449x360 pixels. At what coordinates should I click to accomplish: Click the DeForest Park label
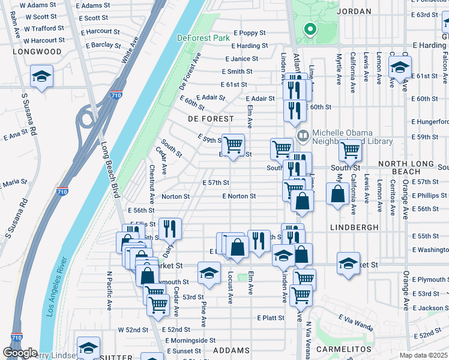tap(204, 38)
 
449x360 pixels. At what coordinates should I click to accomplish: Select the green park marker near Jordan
tap(310, 28)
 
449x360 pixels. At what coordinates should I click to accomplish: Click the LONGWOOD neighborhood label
tap(37, 52)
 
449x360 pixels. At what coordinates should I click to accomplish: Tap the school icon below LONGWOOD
tap(42, 76)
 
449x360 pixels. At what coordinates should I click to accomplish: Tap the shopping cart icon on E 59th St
tap(234, 145)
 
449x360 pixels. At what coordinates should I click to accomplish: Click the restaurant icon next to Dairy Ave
tap(170, 228)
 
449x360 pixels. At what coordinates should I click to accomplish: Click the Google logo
tap(20, 353)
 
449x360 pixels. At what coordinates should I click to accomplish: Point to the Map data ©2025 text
tap(423, 355)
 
